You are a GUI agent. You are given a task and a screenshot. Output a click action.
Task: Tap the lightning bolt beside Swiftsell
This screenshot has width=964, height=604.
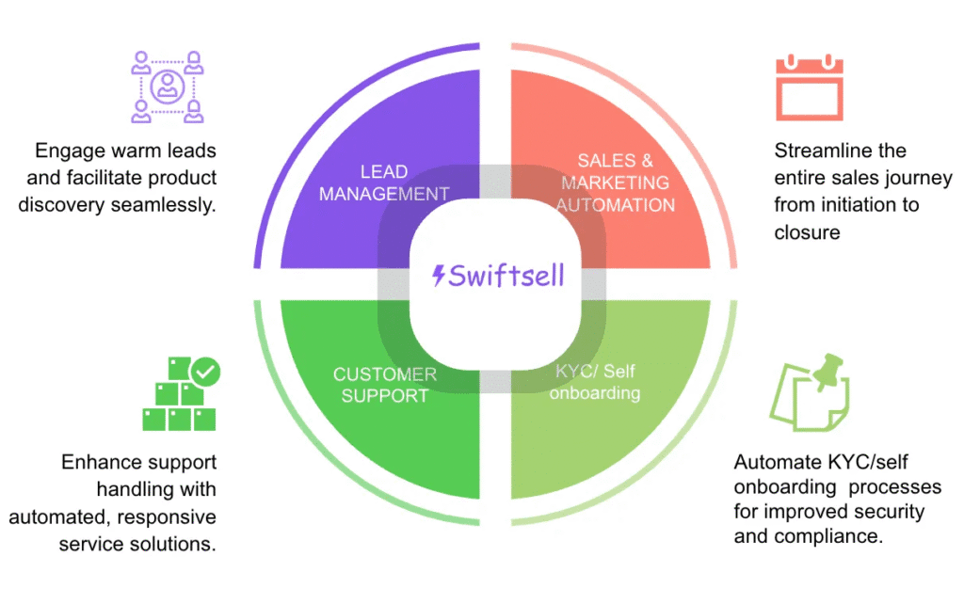[439, 276]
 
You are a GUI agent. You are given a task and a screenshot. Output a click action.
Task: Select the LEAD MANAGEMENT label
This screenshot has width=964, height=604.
[384, 183]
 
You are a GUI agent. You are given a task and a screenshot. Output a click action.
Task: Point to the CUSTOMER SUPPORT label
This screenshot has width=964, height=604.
[384, 385]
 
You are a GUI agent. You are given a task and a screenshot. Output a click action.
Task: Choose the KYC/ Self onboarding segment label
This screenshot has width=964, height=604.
[594, 382]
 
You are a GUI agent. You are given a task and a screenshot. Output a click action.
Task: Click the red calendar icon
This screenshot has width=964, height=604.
[809, 88]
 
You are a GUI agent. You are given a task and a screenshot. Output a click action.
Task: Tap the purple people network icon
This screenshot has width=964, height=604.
[167, 87]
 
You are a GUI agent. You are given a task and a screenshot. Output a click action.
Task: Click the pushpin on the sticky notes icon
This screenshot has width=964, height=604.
[829, 373]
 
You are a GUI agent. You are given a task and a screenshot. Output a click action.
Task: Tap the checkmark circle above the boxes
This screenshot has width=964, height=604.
[204, 373]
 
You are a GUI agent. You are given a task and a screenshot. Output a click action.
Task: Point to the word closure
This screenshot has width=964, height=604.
[807, 232]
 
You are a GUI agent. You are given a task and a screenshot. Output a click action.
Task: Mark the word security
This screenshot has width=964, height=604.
[890, 513]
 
